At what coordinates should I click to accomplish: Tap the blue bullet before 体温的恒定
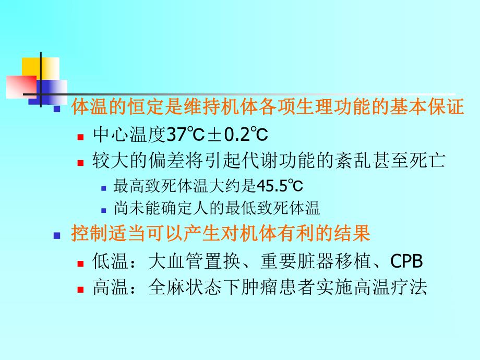pos(58,109)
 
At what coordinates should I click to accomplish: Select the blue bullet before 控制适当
pos(58,235)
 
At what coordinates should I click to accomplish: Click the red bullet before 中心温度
pos(80,137)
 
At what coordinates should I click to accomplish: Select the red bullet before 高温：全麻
pos(80,289)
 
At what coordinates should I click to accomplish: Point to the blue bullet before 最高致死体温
pos(103,187)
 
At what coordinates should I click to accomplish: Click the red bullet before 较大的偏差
pos(80,162)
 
